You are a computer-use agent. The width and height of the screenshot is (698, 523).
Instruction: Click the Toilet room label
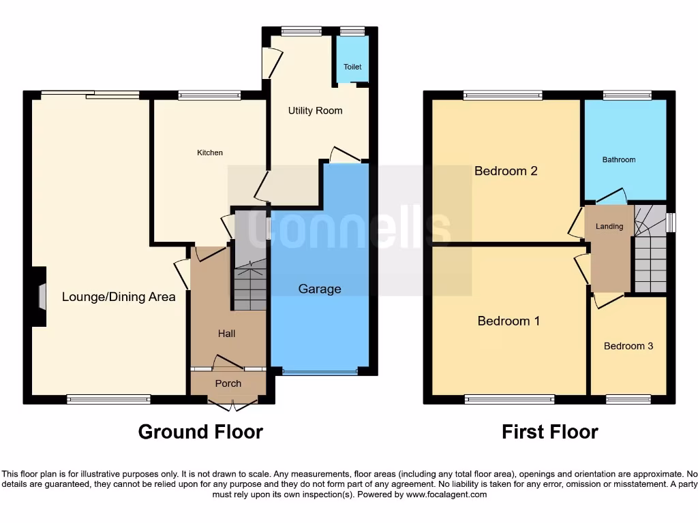click(x=352, y=67)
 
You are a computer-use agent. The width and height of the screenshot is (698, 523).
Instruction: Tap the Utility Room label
click(x=315, y=110)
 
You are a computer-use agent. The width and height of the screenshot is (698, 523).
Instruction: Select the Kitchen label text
click(x=210, y=153)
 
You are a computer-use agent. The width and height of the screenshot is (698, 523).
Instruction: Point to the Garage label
click(x=320, y=289)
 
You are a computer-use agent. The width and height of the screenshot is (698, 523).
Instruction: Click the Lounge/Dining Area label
click(x=119, y=296)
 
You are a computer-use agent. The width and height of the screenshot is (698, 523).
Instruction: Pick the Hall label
click(x=226, y=333)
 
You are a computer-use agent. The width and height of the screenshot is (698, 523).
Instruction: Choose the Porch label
click(x=228, y=383)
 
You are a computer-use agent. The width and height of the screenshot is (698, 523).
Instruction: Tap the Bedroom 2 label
click(x=506, y=171)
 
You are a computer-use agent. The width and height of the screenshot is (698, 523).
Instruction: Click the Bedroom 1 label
click(x=509, y=321)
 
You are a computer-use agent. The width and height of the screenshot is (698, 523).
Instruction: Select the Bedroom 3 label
click(x=628, y=346)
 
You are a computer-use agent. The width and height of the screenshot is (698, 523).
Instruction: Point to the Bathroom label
click(x=618, y=159)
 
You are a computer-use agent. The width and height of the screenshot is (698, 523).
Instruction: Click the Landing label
click(x=609, y=226)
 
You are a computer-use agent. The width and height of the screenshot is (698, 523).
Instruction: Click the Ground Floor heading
click(x=200, y=432)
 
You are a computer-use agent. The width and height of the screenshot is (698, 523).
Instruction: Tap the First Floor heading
click(x=550, y=432)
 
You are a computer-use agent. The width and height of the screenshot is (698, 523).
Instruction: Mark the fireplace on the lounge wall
click(x=42, y=297)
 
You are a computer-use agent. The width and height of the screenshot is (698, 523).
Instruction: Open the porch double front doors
click(x=228, y=406)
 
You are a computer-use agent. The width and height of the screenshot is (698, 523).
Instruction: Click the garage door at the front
click(x=320, y=372)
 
